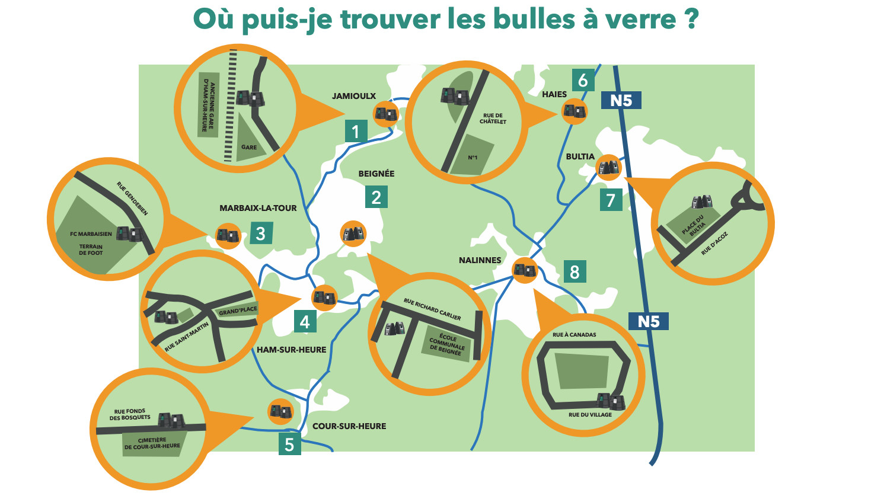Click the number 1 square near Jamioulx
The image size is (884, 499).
click(356, 131)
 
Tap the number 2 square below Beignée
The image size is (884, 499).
click(376, 197)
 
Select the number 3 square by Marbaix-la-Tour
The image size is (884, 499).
click(261, 233)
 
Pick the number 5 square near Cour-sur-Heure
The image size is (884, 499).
click(290, 444)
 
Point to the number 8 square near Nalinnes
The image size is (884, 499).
click(575, 271)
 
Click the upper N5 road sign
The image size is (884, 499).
click(621, 100)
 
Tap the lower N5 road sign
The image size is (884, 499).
click(649, 321)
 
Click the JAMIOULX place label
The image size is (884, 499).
click(353, 96)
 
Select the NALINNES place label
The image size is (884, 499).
click(480, 260)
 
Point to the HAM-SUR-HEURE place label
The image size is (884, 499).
click(291, 350)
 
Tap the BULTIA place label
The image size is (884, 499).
click(580, 156)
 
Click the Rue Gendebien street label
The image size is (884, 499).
click(132, 199)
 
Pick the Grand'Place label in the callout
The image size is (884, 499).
click(238, 311)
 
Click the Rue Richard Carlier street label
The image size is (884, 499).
click(432, 309)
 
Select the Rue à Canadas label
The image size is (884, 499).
click(574, 334)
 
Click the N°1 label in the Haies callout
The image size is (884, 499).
click(473, 158)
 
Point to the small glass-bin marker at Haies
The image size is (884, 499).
click(574, 111)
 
